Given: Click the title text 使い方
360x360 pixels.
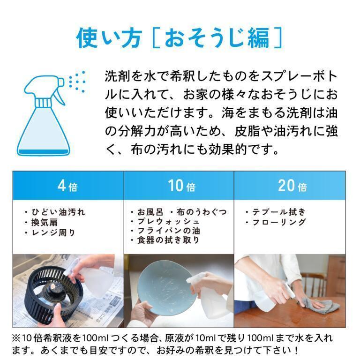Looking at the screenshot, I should click(109, 37).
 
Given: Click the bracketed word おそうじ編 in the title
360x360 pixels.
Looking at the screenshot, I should click(217, 37).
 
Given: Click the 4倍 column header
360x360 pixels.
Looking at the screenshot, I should click(67, 186).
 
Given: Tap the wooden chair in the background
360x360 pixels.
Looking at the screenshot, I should click(314, 284).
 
